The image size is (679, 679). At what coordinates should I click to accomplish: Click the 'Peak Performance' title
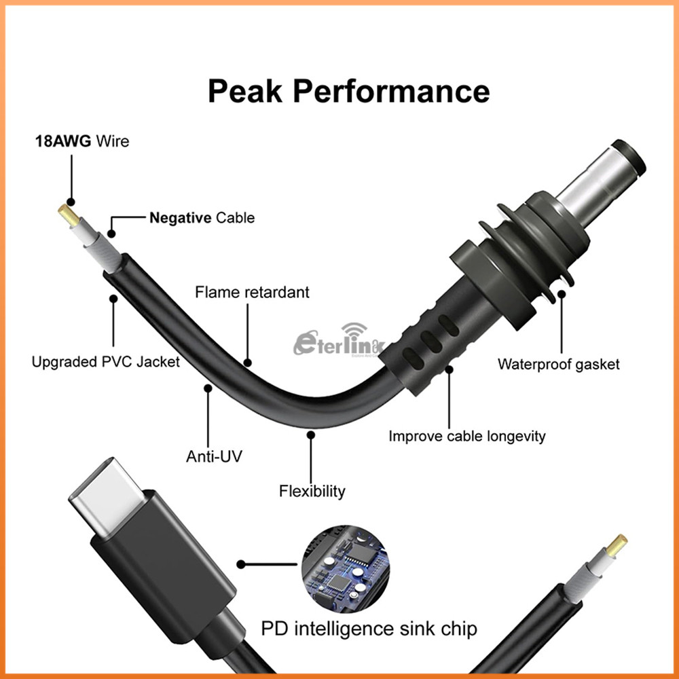[x=348, y=90]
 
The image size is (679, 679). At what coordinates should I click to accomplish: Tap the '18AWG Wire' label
[x=82, y=142]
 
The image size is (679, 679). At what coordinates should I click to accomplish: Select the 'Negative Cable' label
[x=202, y=218]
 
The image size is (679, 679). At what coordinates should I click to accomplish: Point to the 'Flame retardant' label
[x=252, y=292]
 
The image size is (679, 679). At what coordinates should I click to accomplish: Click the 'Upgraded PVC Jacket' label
[x=106, y=362]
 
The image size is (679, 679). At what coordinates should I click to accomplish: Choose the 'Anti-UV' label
[x=214, y=456]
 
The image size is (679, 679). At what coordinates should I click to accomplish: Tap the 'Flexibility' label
[x=312, y=490]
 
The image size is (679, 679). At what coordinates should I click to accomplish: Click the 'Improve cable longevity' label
[x=466, y=436]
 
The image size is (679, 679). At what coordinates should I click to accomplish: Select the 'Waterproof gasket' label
[x=558, y=364]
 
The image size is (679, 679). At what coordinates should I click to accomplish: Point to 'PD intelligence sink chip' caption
[x=369, y=628]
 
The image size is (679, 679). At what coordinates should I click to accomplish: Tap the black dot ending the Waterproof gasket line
[x=562, y=295]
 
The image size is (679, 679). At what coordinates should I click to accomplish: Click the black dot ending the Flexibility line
[x=311, y=435]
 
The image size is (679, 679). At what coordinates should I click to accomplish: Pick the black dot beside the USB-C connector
[x=240, y=564]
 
